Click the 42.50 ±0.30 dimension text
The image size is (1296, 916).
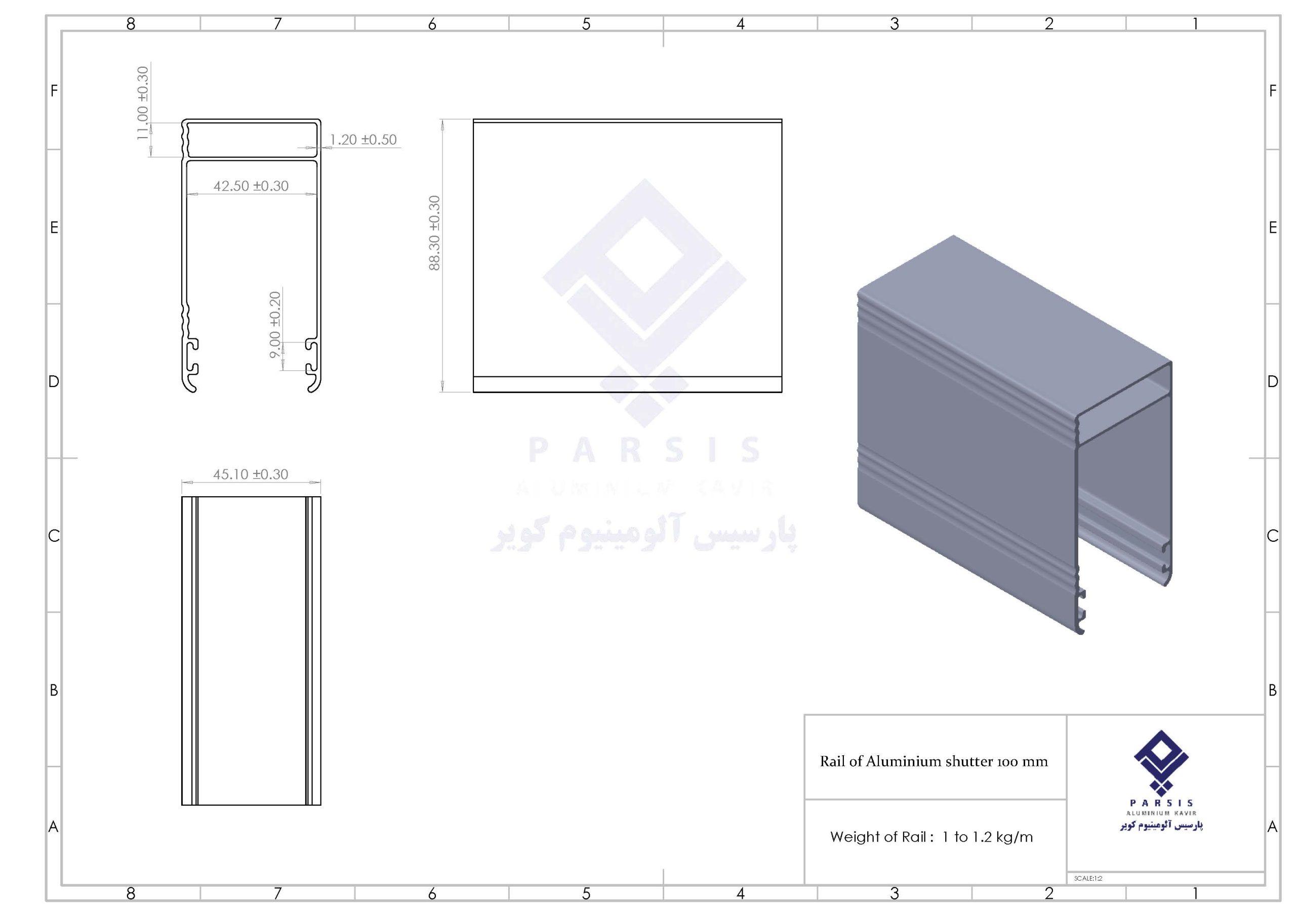[251, 186]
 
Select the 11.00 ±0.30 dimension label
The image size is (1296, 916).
[143, 103]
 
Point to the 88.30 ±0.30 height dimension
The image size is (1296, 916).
[434, 233]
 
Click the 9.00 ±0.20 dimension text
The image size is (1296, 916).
[275, 324]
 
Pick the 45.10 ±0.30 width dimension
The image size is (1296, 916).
[251, 474]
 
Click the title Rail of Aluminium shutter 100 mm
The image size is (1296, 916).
[934, 761]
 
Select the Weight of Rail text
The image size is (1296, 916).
[878, 837]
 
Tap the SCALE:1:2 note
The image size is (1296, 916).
[1088, 878]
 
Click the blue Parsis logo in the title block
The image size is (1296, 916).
[1161, 780]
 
